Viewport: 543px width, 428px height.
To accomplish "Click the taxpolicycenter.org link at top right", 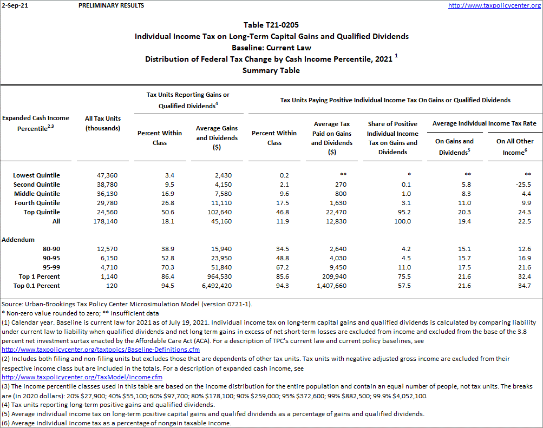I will click(494, 5).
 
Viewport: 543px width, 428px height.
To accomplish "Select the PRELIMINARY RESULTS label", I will click(111, 5).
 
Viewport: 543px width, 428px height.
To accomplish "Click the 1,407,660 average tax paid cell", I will click(331, 286).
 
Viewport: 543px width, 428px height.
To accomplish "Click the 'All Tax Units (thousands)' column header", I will click(103, 123).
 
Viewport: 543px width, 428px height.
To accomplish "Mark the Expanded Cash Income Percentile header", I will click(36, 123).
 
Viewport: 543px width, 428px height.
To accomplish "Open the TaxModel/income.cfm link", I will click(82, 377).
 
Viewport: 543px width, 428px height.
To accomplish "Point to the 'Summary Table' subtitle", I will click(271, 70).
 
